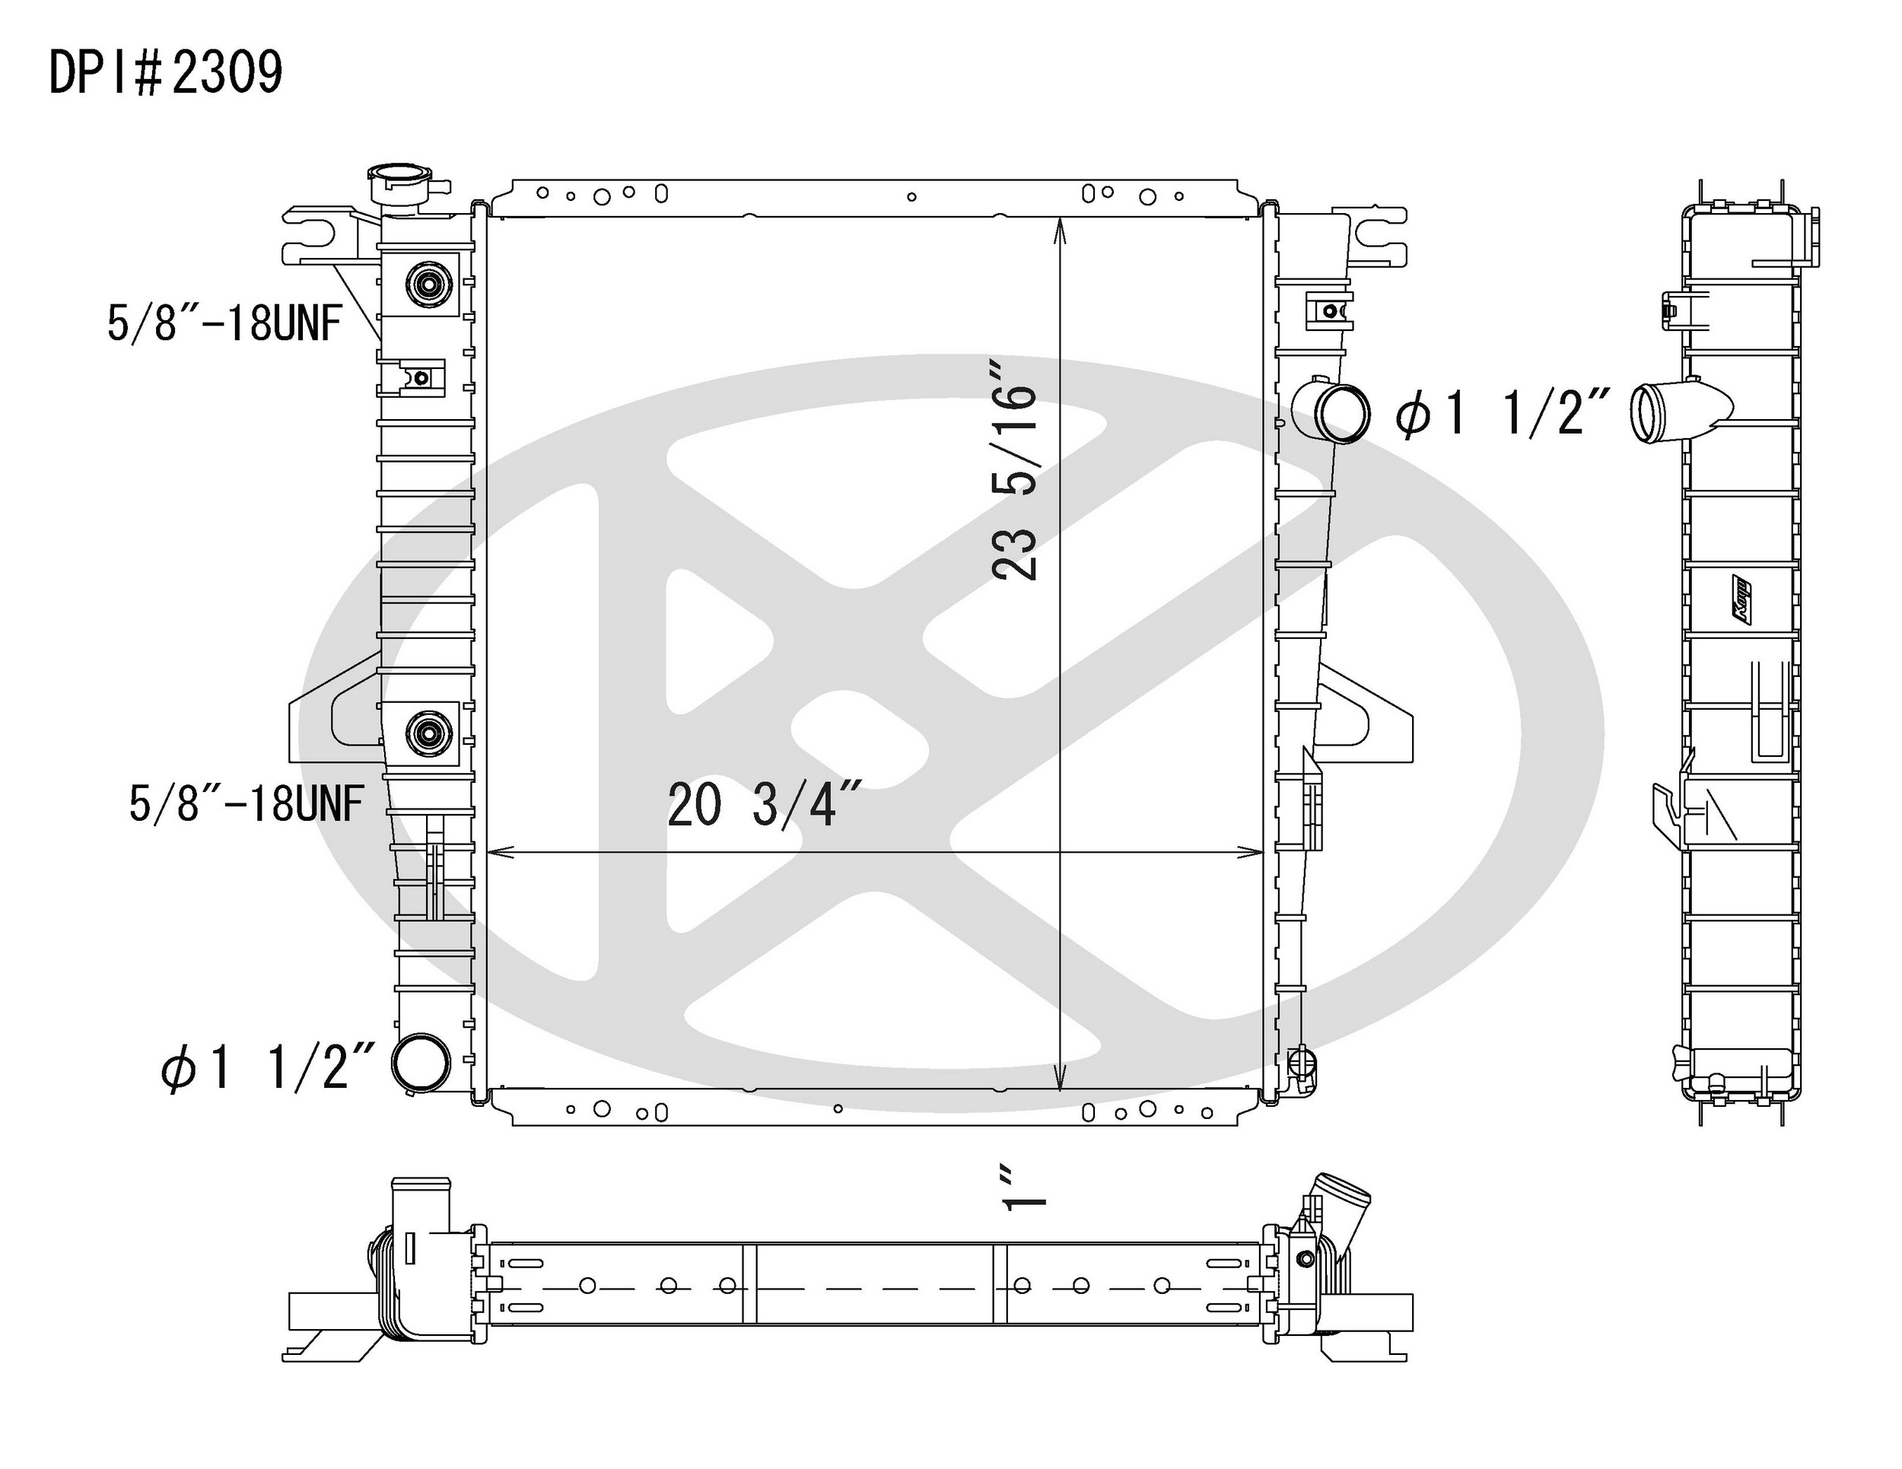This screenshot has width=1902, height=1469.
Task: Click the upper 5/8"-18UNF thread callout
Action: (x=223, y=323)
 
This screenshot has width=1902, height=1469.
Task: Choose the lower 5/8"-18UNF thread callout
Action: (x=246, y=802)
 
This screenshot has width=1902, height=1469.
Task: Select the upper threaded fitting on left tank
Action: (x=428, y=284)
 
